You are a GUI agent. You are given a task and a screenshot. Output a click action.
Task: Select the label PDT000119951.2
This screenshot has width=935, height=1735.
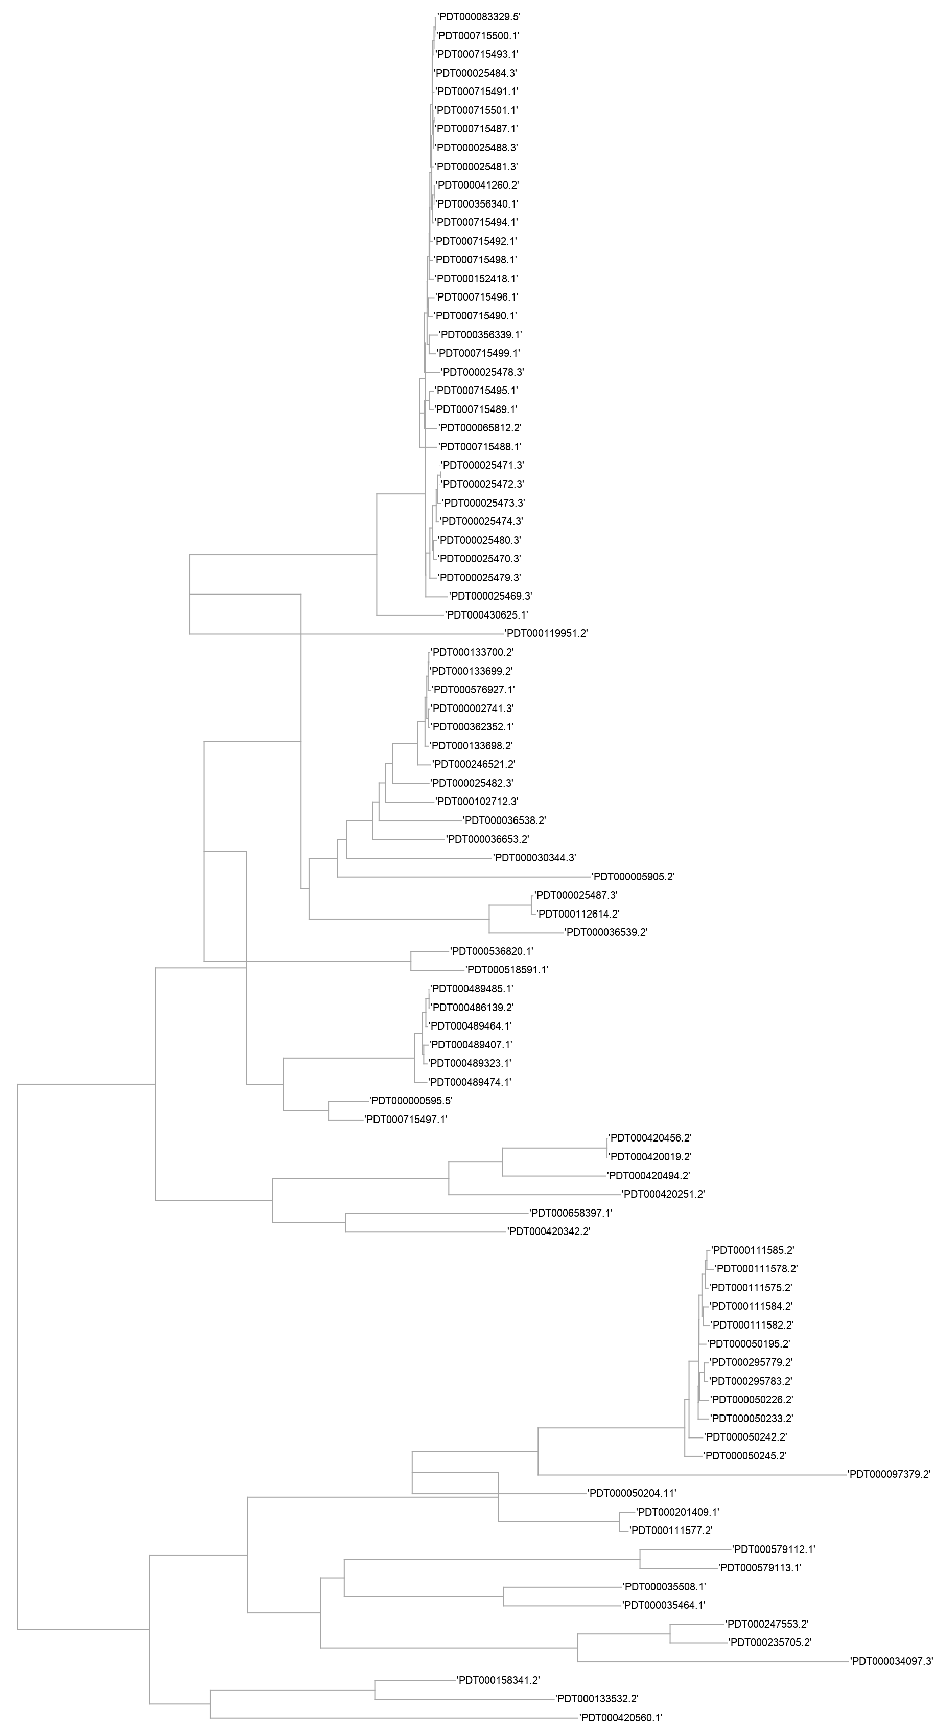click(x=547, y=634)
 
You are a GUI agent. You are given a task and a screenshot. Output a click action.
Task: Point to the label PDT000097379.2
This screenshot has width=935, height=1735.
click(x=889, y=1474)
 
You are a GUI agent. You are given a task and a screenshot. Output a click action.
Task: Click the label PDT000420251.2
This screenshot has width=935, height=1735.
click(x=663, y=1194)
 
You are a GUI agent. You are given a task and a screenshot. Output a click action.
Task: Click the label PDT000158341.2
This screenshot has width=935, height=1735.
click(x=498, y=1680)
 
